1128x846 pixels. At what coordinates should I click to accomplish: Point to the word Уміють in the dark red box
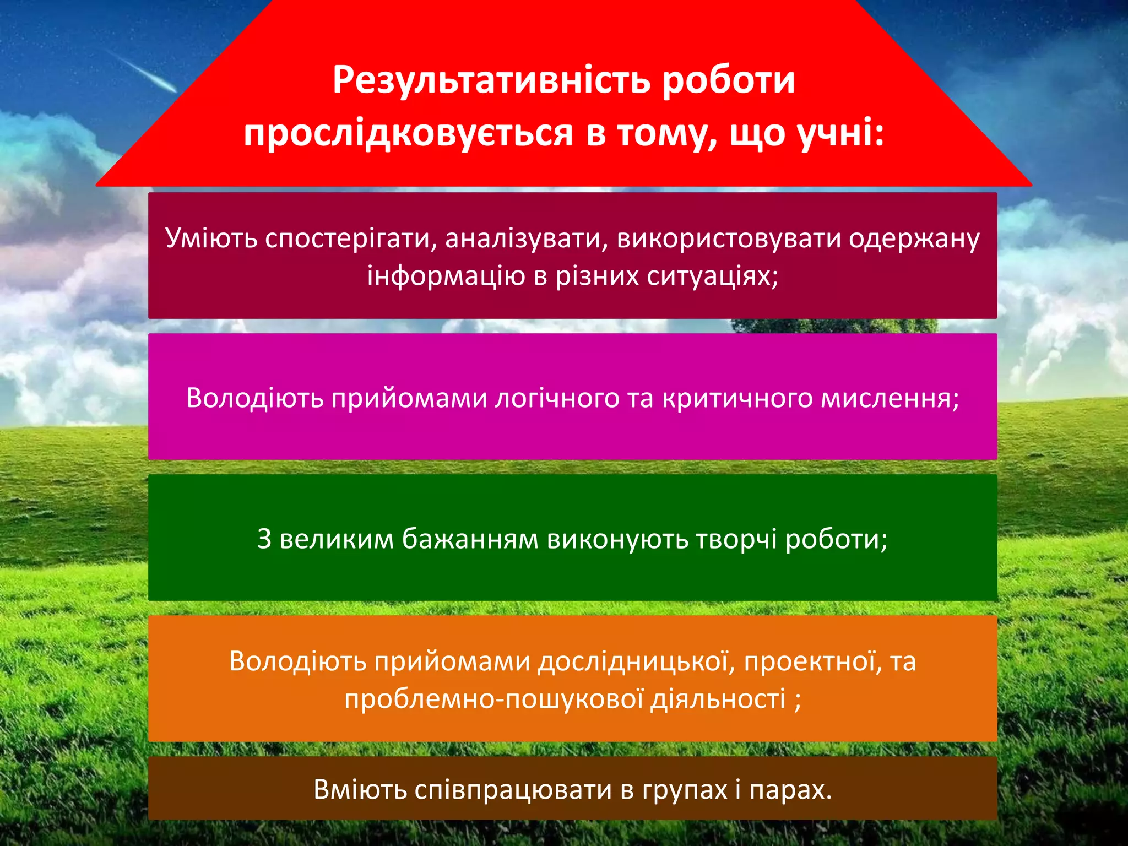(x=211, y=238)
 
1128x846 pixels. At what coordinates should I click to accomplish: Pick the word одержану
(x=914, y=238)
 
